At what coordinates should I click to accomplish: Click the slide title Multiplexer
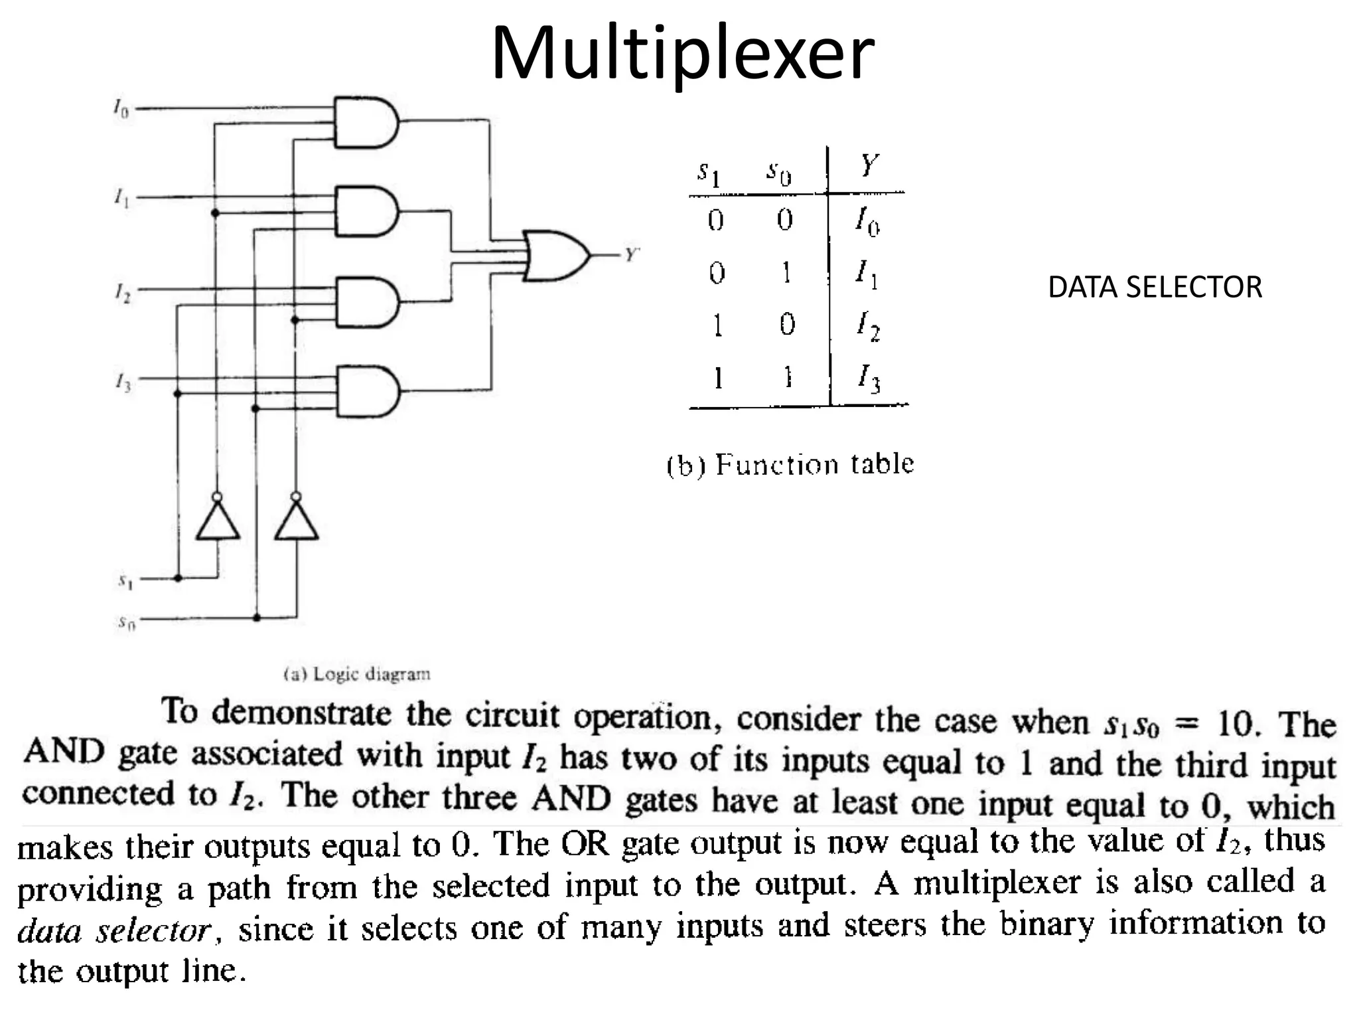click(x=682, y=53)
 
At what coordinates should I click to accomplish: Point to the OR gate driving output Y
click(x=555, y=256)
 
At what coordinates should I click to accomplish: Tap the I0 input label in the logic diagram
click(x=120, y=108)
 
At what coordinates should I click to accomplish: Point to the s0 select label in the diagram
click(x=126, y=623)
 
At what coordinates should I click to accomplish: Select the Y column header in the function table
click(x=869, y=165)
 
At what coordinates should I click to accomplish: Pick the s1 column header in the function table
click(x=708, y=173)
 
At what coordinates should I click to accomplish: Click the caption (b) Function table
click(x=790, y=464)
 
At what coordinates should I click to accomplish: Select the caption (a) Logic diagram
click(x=357, y=674)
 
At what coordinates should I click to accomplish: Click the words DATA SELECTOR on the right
click(x=1155, y=288)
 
